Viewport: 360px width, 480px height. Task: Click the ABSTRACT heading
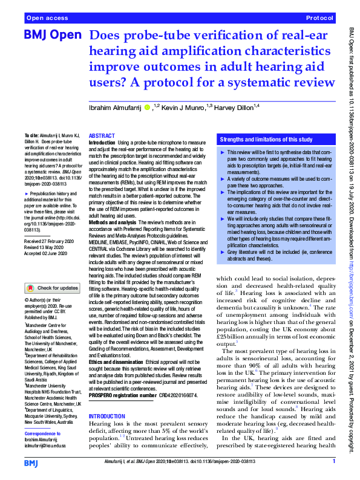(102, 137)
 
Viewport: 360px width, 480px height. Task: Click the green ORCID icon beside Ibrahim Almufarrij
(148, 107)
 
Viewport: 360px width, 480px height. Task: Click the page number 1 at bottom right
(334, 461)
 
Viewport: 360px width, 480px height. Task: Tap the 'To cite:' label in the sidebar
(30, 136)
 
